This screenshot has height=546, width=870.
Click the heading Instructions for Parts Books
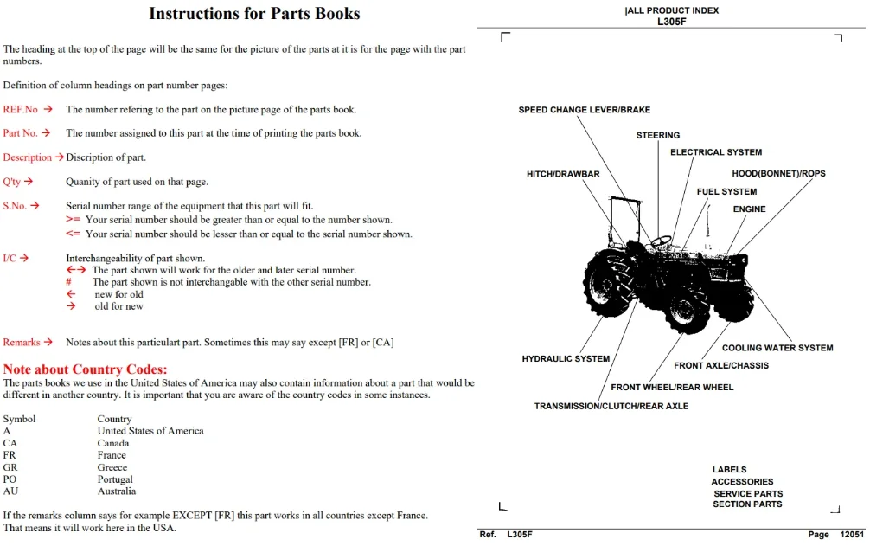click(x=254, y=13)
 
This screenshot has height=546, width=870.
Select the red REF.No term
click(x=21, y=109)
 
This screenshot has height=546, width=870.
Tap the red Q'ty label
click(x=11, y=182)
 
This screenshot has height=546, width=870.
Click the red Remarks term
click(x=22, y=343)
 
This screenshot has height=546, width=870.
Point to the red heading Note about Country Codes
click(x=85, y=369)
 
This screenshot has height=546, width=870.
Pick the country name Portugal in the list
click(x=115, y=479)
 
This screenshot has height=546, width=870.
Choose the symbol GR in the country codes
click(x=10, y=467)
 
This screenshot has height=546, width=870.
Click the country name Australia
click(x=117, y=491)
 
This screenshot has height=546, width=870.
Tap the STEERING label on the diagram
click(x=658, y=135)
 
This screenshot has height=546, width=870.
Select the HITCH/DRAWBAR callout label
click(x=563, y=174)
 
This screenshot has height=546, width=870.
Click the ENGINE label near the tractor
click(x=749, y=209)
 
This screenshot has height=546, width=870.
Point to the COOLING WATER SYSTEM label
click(x=777, y=348)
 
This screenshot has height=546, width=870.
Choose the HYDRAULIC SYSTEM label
click(x=566, y=359)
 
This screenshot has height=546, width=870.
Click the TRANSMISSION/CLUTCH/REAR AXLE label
click(x=611, y=406)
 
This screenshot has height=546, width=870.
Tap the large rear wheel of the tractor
click(x=609, y=283)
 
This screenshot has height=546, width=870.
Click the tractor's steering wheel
click(x=661, y=241)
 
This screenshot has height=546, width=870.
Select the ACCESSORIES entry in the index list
click(x=742, y=482)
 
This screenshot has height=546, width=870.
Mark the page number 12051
click(x=852, y=535)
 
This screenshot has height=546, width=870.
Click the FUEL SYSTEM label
click(x=726, y=192)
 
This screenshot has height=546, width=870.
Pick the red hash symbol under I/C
click(x=69, y=282)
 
